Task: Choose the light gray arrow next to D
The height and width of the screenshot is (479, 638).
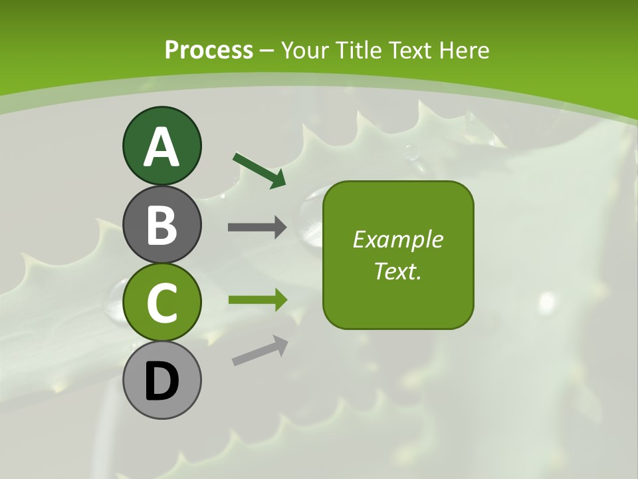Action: (x=260, y=351)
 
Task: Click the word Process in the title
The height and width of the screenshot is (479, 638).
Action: (x=209, y=51)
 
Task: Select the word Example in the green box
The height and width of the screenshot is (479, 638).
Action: (x=398, y=239)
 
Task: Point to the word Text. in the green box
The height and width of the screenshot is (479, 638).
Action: (x=398, y=271)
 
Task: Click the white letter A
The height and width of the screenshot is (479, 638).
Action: (x=161, y=146)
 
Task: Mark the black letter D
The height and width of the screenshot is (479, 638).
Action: (x=161, y=381)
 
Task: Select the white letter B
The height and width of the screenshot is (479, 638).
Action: (x=161, y=225)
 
